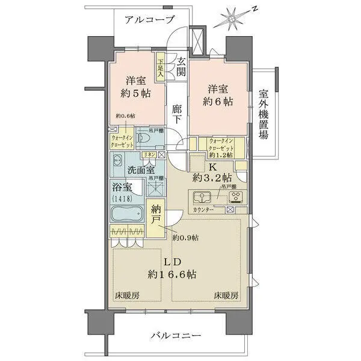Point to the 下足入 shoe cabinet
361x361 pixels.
(x=161, y=67)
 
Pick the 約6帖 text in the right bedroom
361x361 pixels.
(x=217, y=94)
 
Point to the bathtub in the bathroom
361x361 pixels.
(x=126, y=214)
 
